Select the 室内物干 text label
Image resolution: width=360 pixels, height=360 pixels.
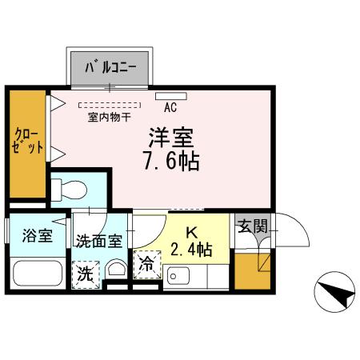pyautogui.click(x=109, y=117)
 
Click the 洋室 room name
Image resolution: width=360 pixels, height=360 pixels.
pyautogui.click(x=170, y=136)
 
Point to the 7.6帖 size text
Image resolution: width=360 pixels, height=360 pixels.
pyautogui.click(x=170, y=160)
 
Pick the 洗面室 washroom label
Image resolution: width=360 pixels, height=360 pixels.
pyautogui.click(x=98, y=240)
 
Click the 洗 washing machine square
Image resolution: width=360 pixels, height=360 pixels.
pyautogui.click(x=85, y=273)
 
